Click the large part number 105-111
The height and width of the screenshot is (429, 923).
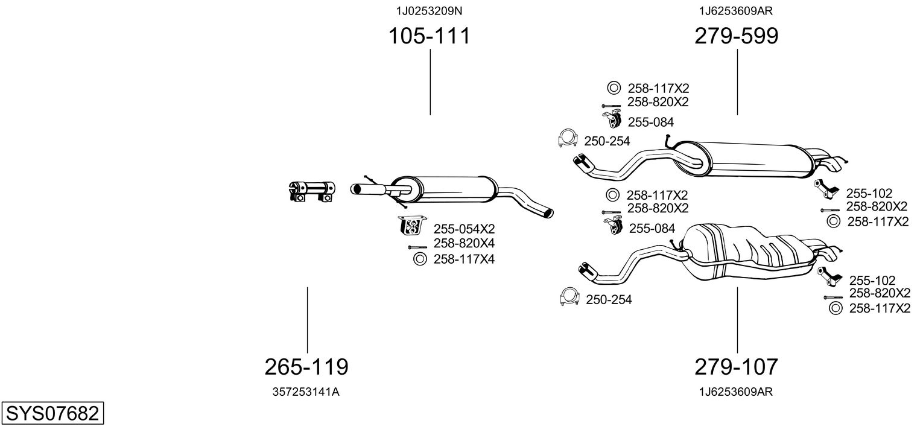point(429,36)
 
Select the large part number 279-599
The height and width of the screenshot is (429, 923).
point(736,36)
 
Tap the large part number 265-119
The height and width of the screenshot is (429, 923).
point(306,366)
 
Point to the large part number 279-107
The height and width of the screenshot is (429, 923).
point(736,366)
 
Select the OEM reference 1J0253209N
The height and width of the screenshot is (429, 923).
point(429,10)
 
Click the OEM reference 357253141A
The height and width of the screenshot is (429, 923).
point(306,392)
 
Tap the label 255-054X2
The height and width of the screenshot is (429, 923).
point(463,229)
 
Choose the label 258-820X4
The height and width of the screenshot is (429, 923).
point(463,244)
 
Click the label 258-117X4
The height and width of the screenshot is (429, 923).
point(463,259)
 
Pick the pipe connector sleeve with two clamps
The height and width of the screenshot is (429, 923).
point(311,190)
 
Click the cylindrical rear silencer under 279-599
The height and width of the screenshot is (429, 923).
point(748,160)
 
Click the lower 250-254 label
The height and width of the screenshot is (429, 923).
point(609,299)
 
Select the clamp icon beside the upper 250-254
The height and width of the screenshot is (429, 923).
point(568,139)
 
